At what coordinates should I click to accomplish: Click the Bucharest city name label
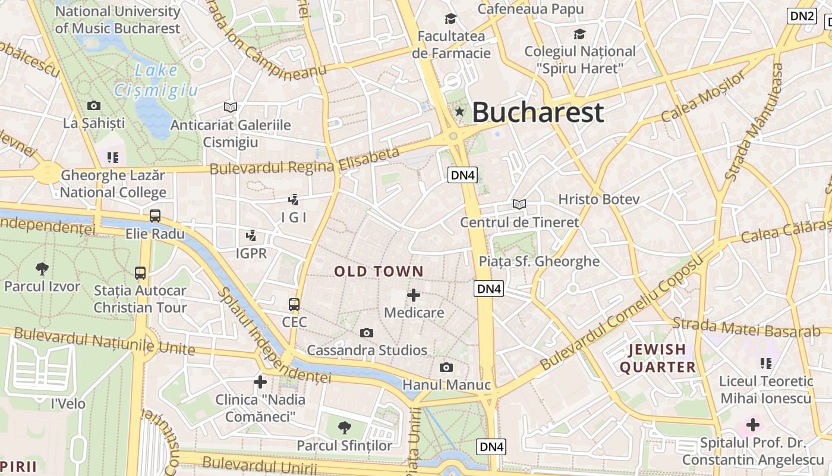(538, 112)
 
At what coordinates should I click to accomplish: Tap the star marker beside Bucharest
(459, 111)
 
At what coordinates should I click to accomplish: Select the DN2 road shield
(802, 16)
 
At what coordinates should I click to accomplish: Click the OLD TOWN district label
(379, 272)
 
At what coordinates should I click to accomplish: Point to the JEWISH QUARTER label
(657, 358)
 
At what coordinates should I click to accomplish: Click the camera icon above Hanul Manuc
(446, 367)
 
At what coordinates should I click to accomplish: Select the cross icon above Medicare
(414, 295)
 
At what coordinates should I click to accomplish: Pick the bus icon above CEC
(294, 305)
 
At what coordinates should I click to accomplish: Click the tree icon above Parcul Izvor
(42, 268)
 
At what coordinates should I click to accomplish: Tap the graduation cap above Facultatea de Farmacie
(451, 19)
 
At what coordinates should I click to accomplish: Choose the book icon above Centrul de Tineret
(519, 205)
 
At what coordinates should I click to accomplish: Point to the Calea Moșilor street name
(702, 96)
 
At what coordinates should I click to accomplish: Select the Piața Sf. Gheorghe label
(539, 261)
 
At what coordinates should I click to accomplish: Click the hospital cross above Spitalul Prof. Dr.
(753, 425)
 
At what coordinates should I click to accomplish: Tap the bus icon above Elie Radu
(155, 216)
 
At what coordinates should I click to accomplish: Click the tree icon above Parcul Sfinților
(344, 427)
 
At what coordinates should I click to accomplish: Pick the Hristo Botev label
(598, 199)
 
